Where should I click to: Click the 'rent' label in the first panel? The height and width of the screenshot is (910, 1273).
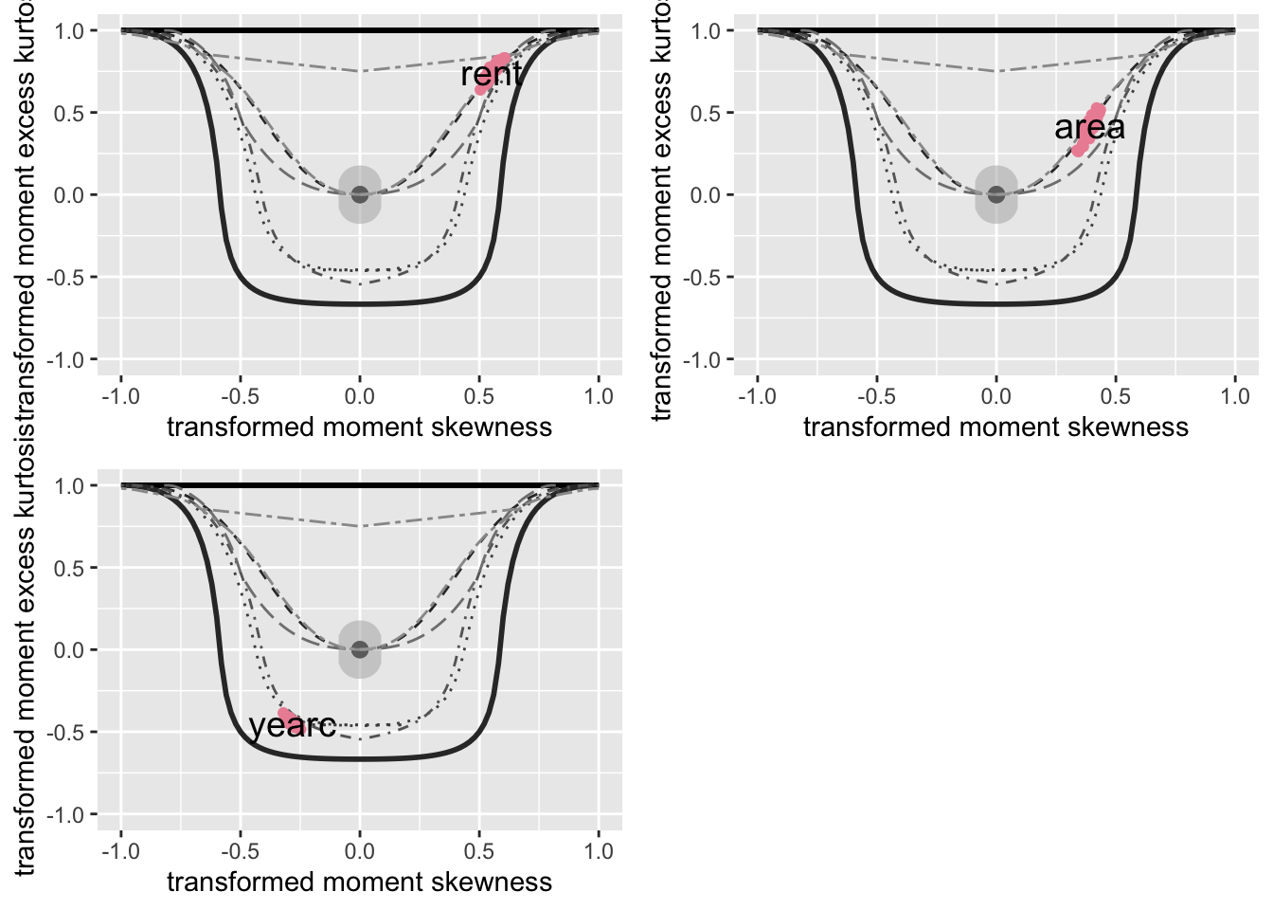(491, 74)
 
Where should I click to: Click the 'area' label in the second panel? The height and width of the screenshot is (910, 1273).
(1089, 127)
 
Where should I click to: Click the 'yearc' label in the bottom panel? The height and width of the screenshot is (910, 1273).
(292, 725)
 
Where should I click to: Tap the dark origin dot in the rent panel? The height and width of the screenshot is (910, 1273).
(360, 194)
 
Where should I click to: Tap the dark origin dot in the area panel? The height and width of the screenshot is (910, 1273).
(996, 194)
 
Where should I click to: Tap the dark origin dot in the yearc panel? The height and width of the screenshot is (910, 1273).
(360, 649)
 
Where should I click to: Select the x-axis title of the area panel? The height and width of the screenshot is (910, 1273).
(995, 427)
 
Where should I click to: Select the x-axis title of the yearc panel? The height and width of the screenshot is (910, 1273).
(359, 882)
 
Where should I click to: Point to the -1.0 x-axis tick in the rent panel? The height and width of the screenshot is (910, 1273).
(120, 396)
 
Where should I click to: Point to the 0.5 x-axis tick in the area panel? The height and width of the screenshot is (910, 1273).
(1116, 396)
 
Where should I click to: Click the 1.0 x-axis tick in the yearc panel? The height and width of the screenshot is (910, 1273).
(599, 851)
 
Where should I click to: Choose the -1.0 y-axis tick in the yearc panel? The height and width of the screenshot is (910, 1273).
(68, 815)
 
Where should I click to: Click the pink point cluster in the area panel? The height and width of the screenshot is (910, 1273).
(1088, 130)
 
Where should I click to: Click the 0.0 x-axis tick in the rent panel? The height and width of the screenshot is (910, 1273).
(360, 396)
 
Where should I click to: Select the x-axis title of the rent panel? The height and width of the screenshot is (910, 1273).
(359, 427)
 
